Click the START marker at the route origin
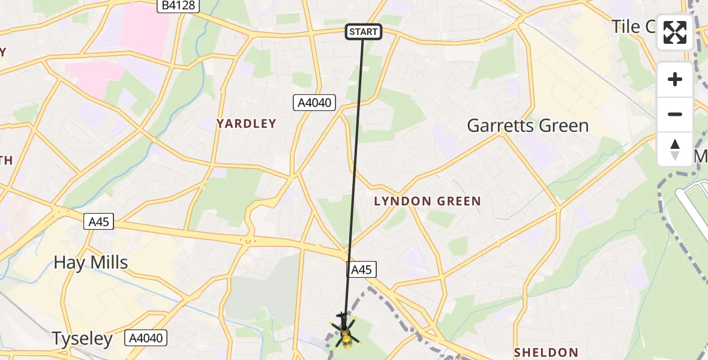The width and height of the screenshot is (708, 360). [x=364, y=32]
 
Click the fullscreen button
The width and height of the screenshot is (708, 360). [x=675, y=32]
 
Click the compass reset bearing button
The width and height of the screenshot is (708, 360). [x=675, y=149]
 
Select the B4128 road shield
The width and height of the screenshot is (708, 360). [x=178, y=6]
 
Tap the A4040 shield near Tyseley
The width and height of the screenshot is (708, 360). [x=145, y=338]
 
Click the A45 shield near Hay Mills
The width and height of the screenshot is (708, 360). [x=98, y=222]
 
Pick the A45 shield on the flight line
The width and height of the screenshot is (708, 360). [x=361, y=270]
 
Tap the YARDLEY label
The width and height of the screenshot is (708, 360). [x=247, y=124]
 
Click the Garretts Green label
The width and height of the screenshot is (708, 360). [x=527, y=126]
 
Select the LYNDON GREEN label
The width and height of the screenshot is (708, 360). [x=427, y=202]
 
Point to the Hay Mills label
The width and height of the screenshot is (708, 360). [x=91, y=262]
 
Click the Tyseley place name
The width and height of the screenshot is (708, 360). [x=82, y=339]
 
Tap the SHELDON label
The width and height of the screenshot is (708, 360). [x=546, y=352]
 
